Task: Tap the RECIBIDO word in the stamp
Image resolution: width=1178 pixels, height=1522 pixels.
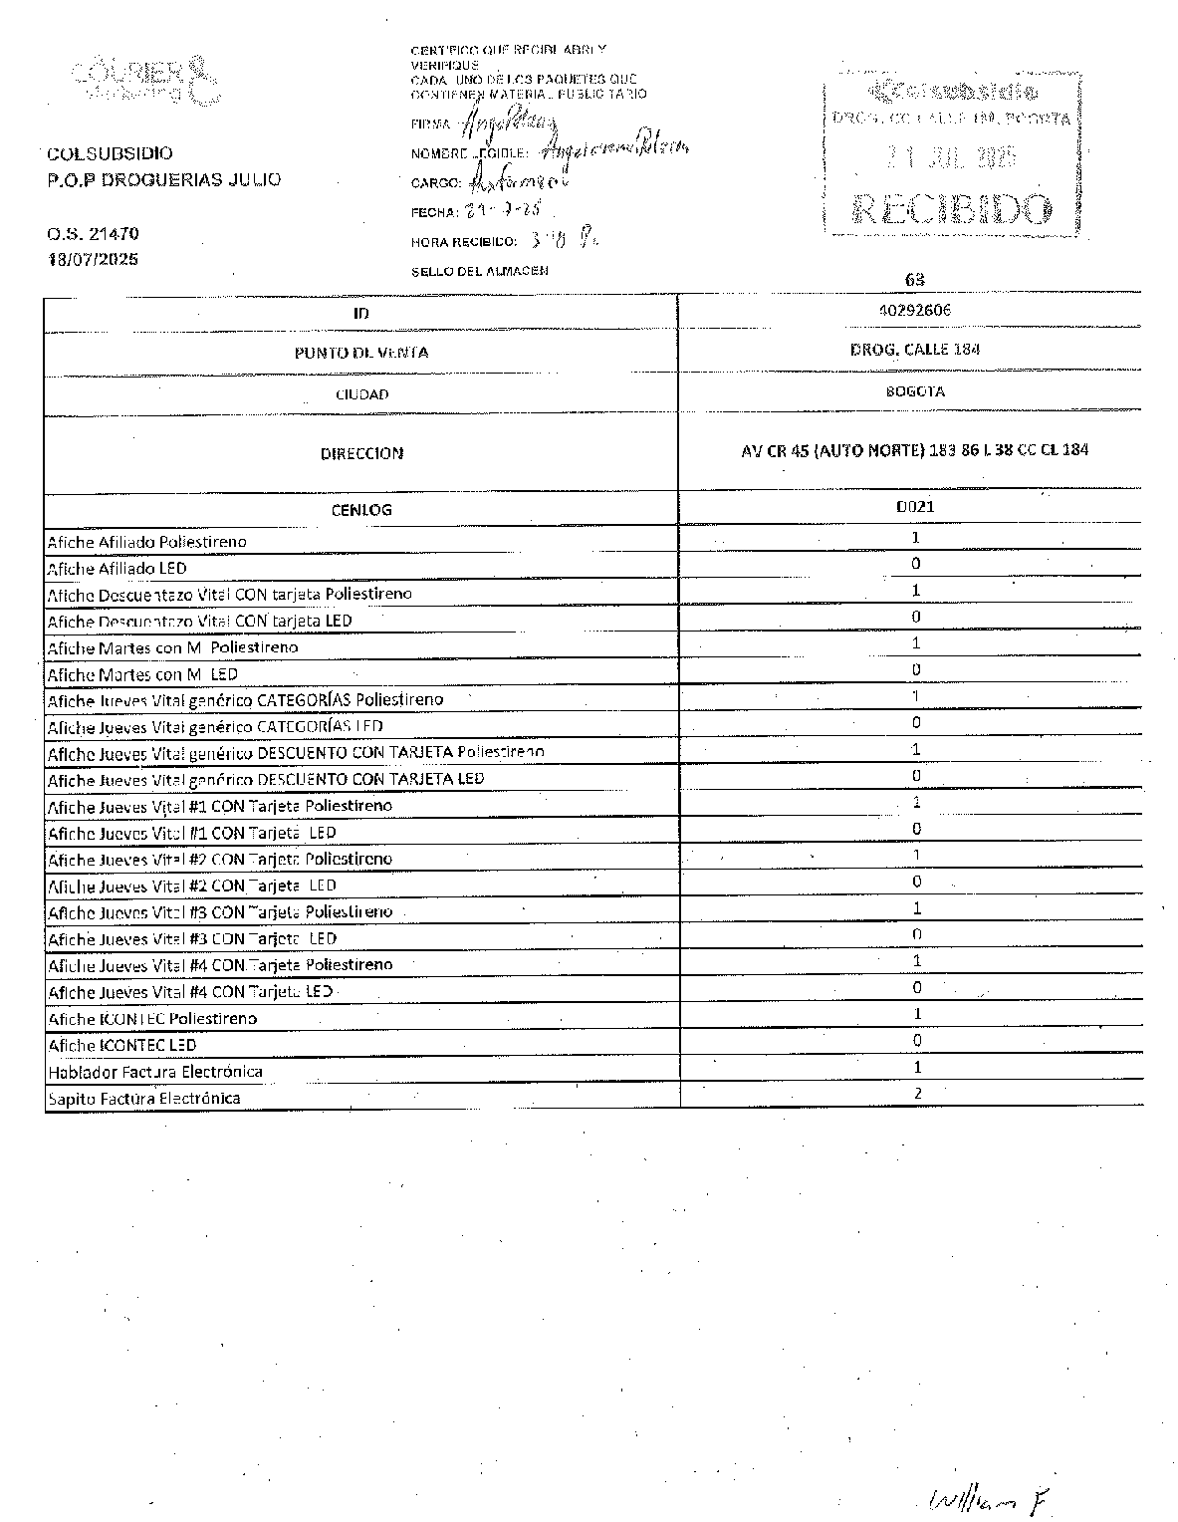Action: pos(951,209)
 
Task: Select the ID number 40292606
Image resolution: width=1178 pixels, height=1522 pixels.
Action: pos(915,310)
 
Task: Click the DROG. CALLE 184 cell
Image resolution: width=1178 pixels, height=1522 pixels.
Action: pos(915,350)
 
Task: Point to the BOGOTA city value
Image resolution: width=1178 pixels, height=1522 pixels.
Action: pos(915,391)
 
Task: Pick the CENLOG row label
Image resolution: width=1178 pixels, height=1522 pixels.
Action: pos(361,510)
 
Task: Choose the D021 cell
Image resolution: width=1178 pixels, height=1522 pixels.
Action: pos(915,506)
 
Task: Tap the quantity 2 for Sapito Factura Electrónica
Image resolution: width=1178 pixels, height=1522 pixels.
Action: pos(917,1094)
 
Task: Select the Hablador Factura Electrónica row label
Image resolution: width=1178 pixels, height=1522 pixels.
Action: pos(155,1072)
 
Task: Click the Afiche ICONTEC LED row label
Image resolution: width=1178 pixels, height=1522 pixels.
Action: pos(122,1045)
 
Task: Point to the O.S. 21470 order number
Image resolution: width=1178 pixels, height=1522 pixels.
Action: pos(93,234)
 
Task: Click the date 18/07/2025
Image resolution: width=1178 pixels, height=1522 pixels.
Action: pos(93,259)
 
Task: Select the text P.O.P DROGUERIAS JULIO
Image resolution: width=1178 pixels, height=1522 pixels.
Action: pos(164,180)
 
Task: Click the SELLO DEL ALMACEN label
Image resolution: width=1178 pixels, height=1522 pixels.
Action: pos(479,271)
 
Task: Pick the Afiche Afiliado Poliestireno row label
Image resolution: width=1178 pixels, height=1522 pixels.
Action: pos(146,542)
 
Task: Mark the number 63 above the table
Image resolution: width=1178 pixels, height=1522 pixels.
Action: pos(914,280)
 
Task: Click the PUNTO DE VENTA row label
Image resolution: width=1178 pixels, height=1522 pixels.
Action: pos(361,353)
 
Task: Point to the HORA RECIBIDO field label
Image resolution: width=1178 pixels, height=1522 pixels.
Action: pos(463,242)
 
